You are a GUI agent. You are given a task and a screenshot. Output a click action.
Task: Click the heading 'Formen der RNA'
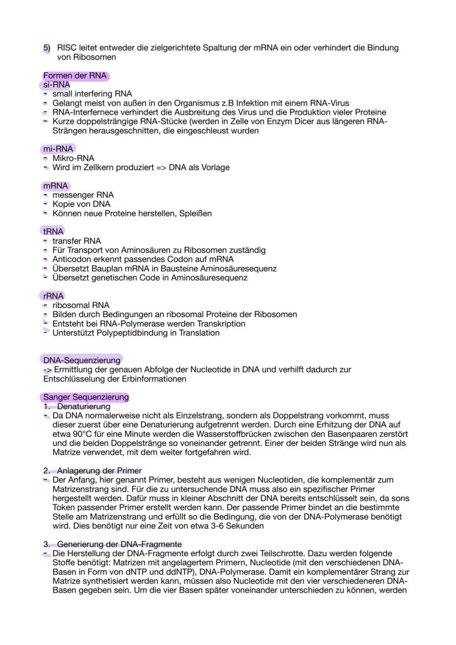pos(74,76)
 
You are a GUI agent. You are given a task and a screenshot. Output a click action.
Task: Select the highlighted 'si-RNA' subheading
pos(56,85)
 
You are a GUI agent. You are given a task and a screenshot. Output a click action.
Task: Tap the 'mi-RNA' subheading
pos(58,149)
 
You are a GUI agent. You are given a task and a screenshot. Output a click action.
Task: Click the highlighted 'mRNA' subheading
pos(55,186)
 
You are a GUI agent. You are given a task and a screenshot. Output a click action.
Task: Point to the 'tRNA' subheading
pos(53,231)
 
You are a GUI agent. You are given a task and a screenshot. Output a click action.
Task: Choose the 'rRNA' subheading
pos(53,296)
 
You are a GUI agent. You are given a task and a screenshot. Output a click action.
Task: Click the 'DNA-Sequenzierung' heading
pos(82,360)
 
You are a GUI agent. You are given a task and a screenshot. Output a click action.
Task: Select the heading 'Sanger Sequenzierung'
pos(85,397)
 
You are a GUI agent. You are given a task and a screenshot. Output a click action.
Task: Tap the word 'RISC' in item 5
pos(68,48)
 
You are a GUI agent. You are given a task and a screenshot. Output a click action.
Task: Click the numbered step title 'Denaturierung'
pos(84,406)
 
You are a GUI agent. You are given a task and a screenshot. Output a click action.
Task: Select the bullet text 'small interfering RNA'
pos(92,94)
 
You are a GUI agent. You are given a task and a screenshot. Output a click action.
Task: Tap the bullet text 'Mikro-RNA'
pos(73,158)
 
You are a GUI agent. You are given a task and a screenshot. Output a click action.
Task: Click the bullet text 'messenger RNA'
pos(83,195)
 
